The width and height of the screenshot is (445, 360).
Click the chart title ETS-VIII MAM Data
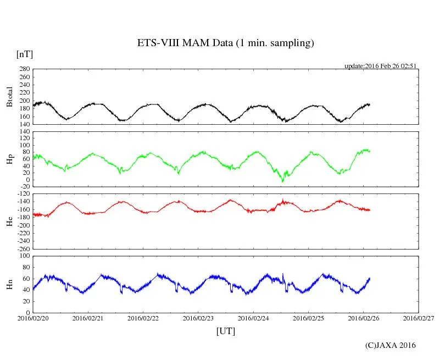click(225, 43)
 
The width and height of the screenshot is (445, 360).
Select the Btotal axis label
click(9, 97)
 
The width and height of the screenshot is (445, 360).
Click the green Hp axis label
click(9, 159)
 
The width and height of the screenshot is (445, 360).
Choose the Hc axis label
click(9, 221)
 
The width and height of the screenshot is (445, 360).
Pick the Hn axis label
click(9, 284)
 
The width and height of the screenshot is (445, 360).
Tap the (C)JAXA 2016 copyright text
click(391, 345)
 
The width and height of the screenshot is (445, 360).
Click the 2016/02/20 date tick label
click(33, 318)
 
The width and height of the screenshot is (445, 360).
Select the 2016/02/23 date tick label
click(198, 318)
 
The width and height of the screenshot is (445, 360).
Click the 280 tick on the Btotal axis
click(24, 69)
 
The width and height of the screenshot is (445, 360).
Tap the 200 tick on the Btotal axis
click(24, 101)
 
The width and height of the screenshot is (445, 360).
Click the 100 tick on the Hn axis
click(24, 256)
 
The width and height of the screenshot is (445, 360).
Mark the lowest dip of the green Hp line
click(283, 181)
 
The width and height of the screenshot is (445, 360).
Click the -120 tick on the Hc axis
click(22, 195)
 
